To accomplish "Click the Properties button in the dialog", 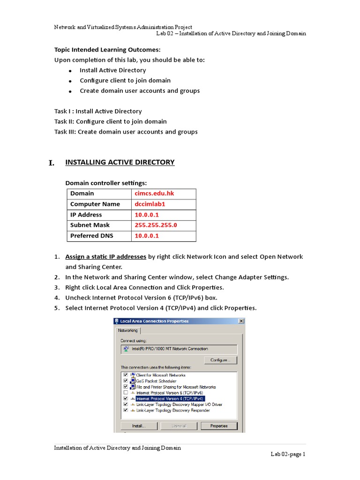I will (219, 426).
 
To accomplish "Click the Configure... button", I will (220, 360).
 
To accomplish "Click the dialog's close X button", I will (241, 321).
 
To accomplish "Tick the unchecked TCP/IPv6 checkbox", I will (126, 392).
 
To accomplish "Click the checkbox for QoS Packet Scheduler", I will (126, 381).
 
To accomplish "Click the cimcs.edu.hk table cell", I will (151, 194).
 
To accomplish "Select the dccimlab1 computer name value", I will (150, 204).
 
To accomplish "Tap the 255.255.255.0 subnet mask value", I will (156, 225).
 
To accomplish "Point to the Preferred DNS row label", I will (91, 236).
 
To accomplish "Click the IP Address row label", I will (86, 215).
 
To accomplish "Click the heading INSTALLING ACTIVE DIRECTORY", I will (120, 162).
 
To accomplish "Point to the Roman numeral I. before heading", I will (52, 163).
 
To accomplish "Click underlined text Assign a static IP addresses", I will (105, 257).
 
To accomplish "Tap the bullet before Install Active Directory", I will (70, 71).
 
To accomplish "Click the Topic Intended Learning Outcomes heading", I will (107, 50).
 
